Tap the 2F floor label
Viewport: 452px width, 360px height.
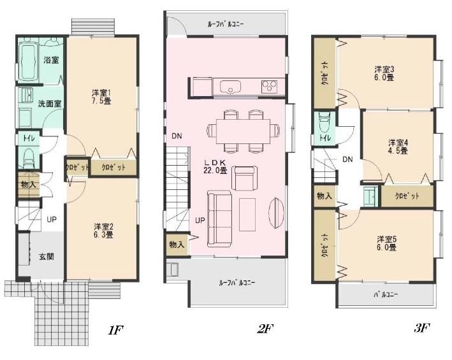265,329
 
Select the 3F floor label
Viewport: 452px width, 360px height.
422,329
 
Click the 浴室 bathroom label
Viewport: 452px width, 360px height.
51,60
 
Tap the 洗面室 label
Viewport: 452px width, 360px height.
49,103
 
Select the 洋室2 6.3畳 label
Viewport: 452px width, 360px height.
103,230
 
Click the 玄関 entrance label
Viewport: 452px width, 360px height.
47,256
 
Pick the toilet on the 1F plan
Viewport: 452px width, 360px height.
28,156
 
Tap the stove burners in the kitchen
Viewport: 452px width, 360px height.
267,85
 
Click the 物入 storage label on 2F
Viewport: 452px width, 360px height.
177,245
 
